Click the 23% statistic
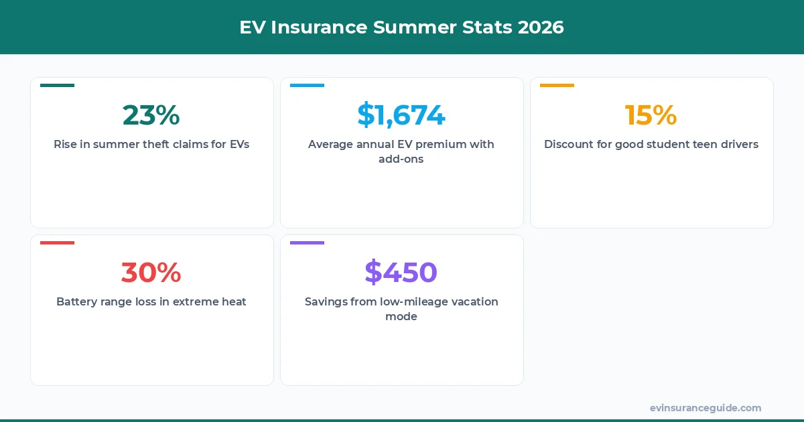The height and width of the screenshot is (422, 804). point(151,115)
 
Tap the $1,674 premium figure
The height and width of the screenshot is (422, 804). point(401,115)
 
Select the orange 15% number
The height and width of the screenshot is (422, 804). point(651,115)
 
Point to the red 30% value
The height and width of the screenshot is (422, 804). point(151,273)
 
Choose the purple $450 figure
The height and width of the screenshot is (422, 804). point(401,273)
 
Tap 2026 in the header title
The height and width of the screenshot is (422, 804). point(540,27)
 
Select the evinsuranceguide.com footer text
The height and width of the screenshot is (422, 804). point(706,408)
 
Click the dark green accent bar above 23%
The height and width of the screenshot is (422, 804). point(57,86)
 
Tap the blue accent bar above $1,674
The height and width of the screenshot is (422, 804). point(307,86)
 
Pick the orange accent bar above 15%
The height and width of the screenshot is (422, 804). point(557,86)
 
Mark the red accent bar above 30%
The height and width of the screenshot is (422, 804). point(57,242)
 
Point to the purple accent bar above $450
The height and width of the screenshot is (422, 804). point(307,242)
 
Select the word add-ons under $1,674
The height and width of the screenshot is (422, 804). point(401,159)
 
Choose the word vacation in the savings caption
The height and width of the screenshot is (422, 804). point(474,301)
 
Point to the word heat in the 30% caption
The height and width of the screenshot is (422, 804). point(234,301)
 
